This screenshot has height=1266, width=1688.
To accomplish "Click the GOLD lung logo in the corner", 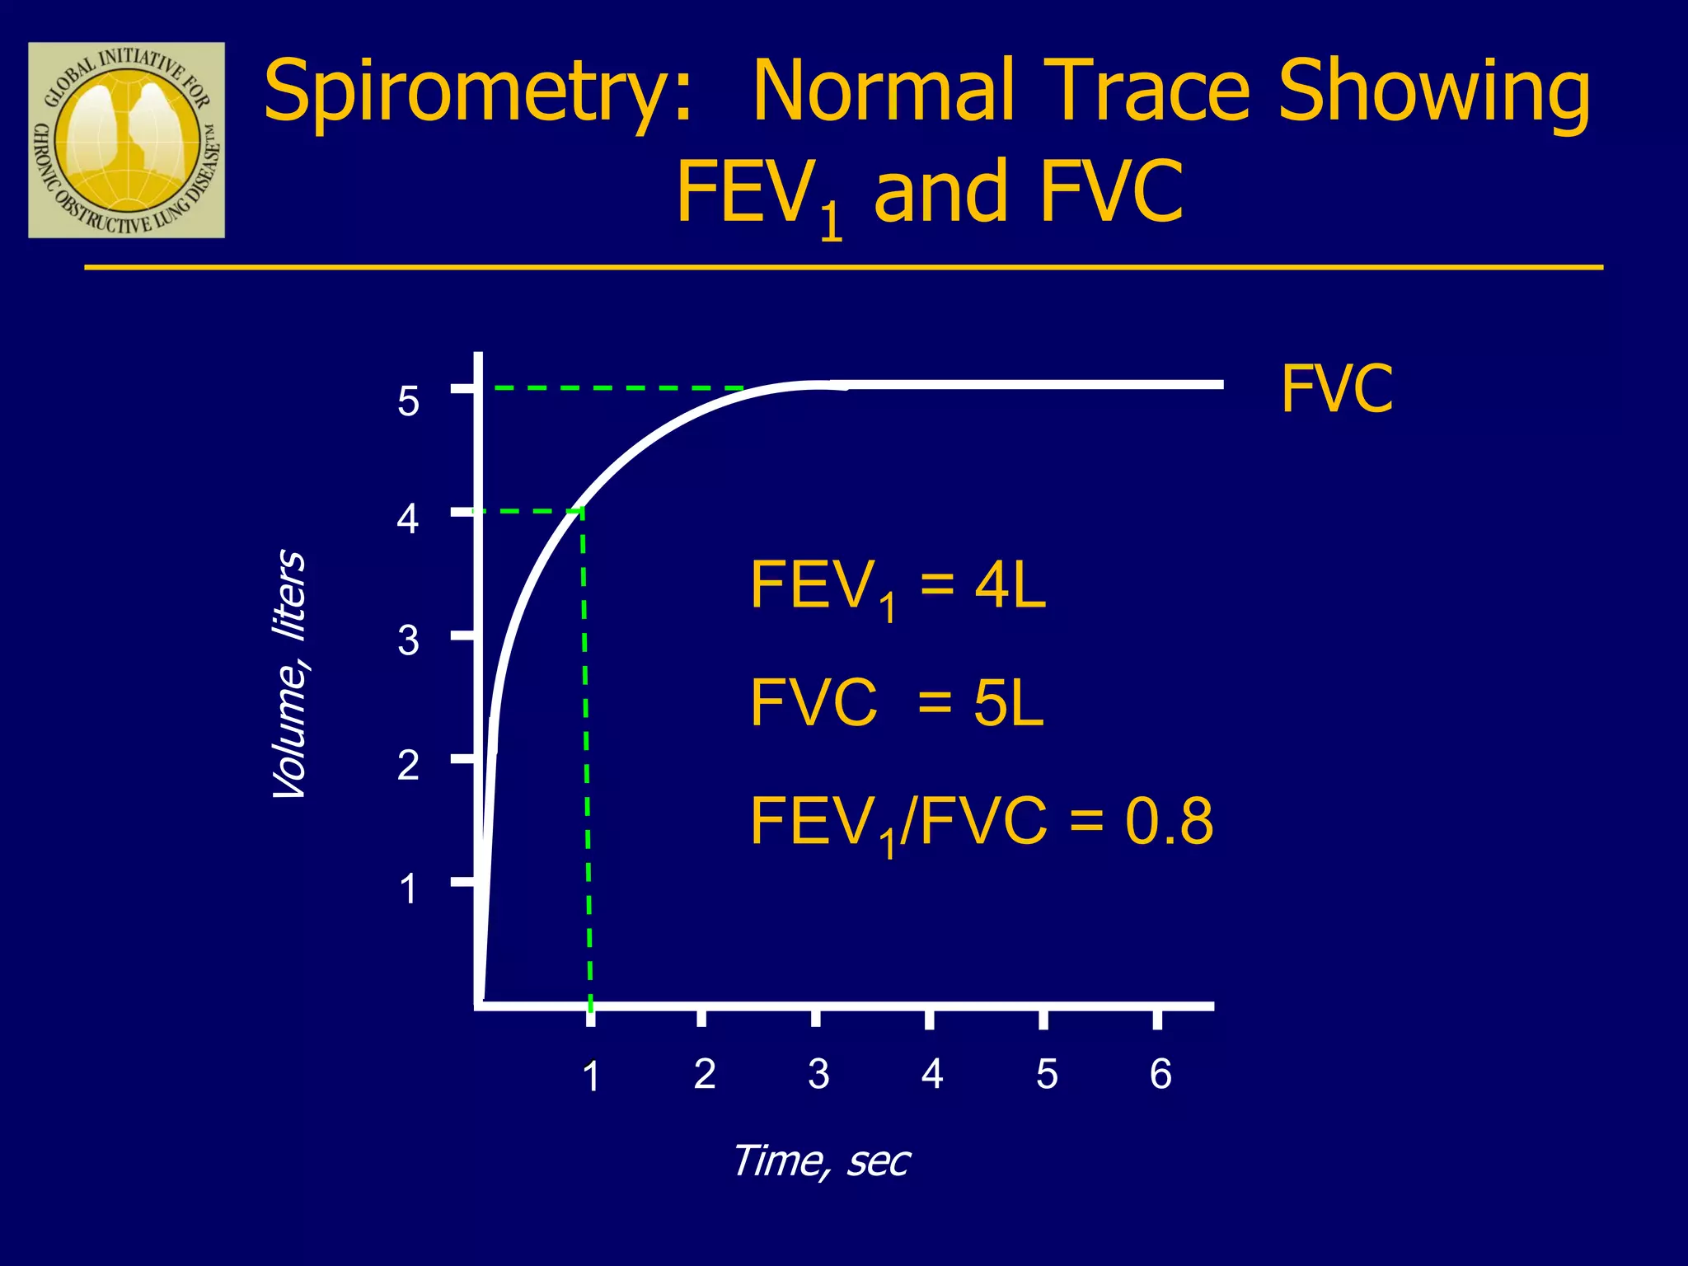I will [x=126, y=140].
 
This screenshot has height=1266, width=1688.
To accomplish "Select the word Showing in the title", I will [x=1434, y=92].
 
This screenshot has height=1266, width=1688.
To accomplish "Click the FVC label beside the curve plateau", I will [x=1336, y=389].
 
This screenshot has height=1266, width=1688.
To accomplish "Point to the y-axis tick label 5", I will [x=408, y=402].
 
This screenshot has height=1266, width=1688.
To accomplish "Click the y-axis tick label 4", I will [x=408, y=519].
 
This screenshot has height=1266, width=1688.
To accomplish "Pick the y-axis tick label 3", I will [x=408, y=640].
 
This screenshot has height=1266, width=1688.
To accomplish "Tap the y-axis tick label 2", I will [x=408, y=766].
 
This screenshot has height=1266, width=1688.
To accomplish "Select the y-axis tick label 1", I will [x=408, y=889].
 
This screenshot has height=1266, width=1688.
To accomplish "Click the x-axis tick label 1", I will [x=590, y=1076].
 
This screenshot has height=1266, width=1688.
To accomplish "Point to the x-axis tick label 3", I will [x=818, y=1074].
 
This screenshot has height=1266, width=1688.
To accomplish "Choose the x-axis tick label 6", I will [x=1160, y=1074].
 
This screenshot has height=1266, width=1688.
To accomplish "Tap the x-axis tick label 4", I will [x=932, y=1074].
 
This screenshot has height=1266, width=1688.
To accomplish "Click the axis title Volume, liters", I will [x=290, y=674].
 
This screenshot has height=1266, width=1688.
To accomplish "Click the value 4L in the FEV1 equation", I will [x=1010, y=585].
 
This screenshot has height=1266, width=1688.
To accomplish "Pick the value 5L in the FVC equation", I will [x=1008, y=703].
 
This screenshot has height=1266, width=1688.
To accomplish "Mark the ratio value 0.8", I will [x=1169, y=822].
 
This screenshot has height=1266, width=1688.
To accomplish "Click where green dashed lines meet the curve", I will [x=582, y=510].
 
